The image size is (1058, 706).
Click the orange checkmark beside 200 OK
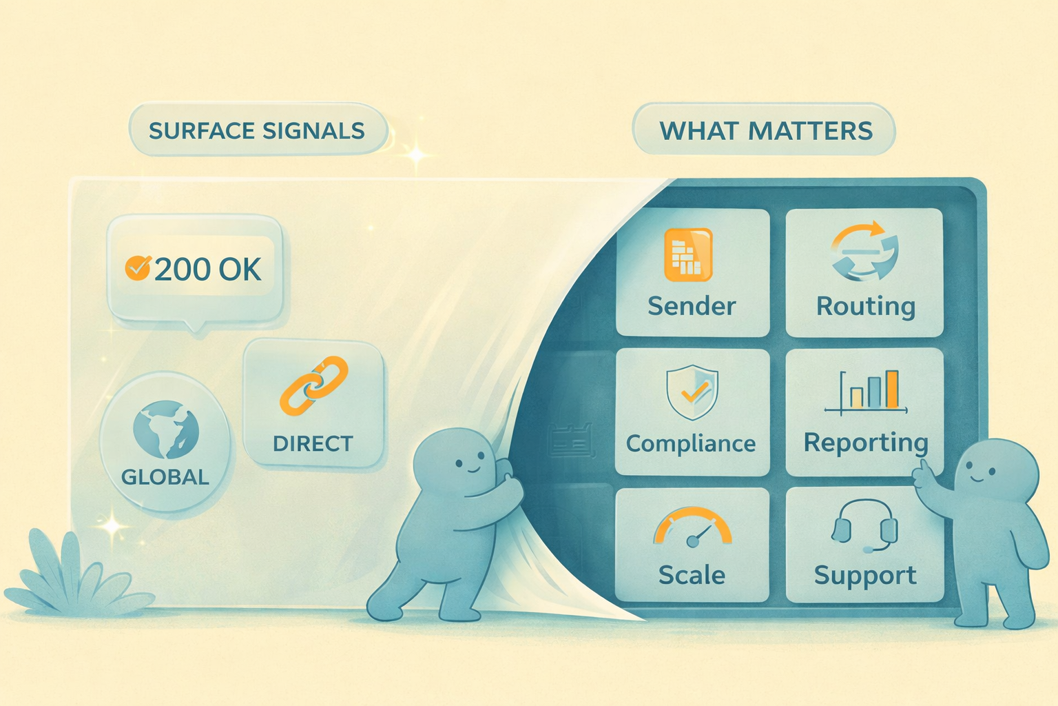(x=138, y=268)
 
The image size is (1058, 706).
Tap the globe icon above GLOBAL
(x=166, y=430)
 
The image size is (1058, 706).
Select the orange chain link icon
(x=314, y=386)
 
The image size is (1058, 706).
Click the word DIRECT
(x=313, y=443)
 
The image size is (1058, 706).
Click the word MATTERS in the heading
(x=811, y=131)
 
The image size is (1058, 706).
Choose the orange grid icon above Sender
(x=688, y=255)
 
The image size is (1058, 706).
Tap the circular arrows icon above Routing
(x=864, y=251)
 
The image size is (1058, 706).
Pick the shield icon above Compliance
(x=692, y=392)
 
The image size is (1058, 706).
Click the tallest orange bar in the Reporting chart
(x=892, y=389)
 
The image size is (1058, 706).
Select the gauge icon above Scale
(x=692, y=527)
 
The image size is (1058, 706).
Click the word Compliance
(x=691, y=443)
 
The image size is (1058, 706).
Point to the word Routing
(x=866, y=307)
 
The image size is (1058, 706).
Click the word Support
(x=865, y=576)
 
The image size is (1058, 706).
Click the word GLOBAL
(x=165, y=476)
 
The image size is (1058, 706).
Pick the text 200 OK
(x=208, y=270)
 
